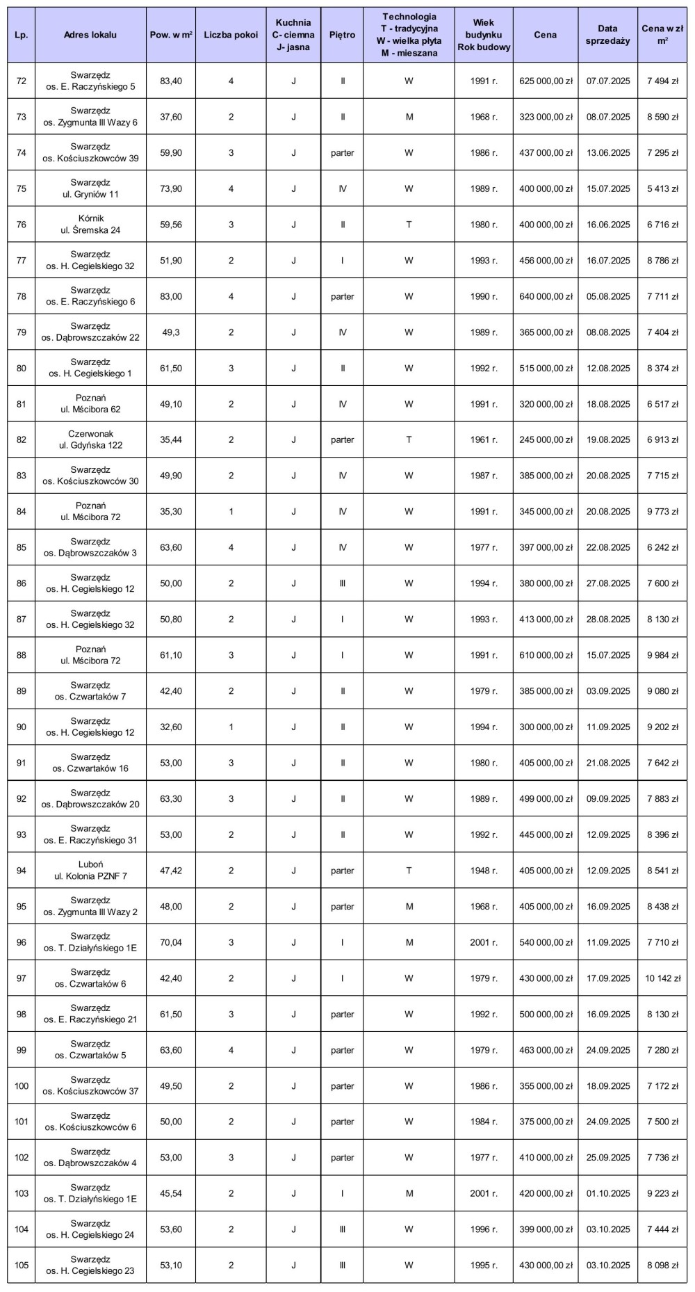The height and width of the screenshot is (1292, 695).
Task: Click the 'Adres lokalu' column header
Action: pyautogui.click(x=90, y=35)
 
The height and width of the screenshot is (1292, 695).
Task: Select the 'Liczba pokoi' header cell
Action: pyautogui.click(x=231, y=35)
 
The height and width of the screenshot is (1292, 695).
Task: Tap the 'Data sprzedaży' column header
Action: pyautogui.click(x=607, y=35)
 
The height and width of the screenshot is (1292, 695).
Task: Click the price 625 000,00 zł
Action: pyautogui.click(x=546, y=81)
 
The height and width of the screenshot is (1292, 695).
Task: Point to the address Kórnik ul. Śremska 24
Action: pyautogui.click(x=90, y=225)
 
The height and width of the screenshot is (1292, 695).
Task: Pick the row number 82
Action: pyautogui.click(x=22, y=440)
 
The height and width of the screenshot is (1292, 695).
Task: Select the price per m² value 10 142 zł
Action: pyautogui.click(x=662, y=978)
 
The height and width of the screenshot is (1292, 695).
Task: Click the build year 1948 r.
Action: pyautogui.click(x=484, y=871)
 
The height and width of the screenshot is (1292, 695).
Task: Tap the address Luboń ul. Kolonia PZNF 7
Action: pyautogui.click(x=90, y=871)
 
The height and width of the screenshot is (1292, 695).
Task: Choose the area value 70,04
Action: pyautogui.click(x=171, y=943)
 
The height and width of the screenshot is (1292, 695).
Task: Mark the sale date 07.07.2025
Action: pyautogui.click(x=608, y=81)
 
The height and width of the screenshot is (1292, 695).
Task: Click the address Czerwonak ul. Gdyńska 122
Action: pyautogui.click(x=90, y=440)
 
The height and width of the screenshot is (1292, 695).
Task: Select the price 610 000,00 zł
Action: pyautogui.click(x=546, y=656)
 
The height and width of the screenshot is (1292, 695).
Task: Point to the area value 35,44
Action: pyautogui.click(x=171, y=440)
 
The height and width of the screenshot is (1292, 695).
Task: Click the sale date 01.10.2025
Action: pyautogui.click(x=608, y=1194)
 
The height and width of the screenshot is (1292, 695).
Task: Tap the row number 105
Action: pyautogui.click(x=22, y=1266)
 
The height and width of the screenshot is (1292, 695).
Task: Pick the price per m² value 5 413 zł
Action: pyautogui.click(x=662, y=189)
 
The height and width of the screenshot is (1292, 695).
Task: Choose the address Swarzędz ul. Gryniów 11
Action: pyautogui.click(x=90, y=189)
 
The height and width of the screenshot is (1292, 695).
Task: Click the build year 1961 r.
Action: pyautogui.click(x=484, y=440)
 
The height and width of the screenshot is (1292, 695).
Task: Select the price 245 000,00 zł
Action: pyautogui.click(x=546, y=440)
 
